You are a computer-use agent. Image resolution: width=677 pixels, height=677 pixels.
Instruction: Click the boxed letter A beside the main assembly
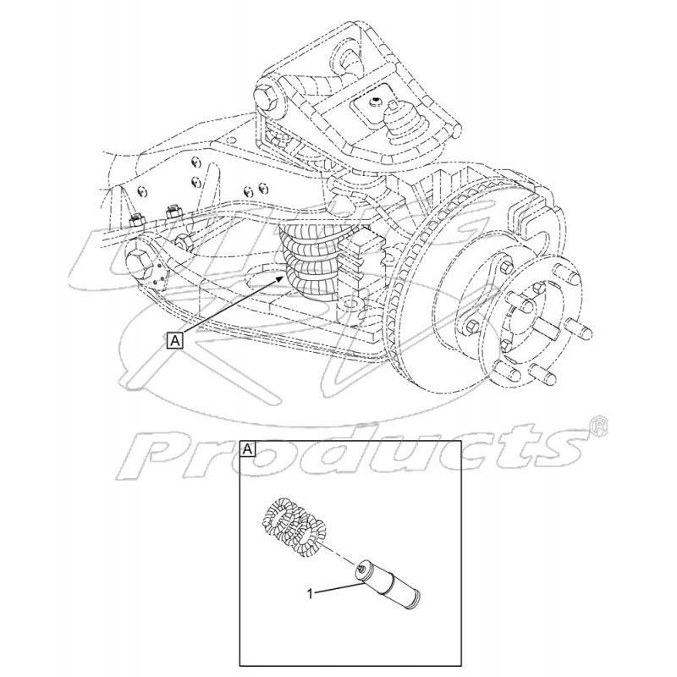175,340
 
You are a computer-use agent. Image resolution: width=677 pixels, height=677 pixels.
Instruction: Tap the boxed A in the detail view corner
249,449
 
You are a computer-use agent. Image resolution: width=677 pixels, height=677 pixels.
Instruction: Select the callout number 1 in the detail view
310,594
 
